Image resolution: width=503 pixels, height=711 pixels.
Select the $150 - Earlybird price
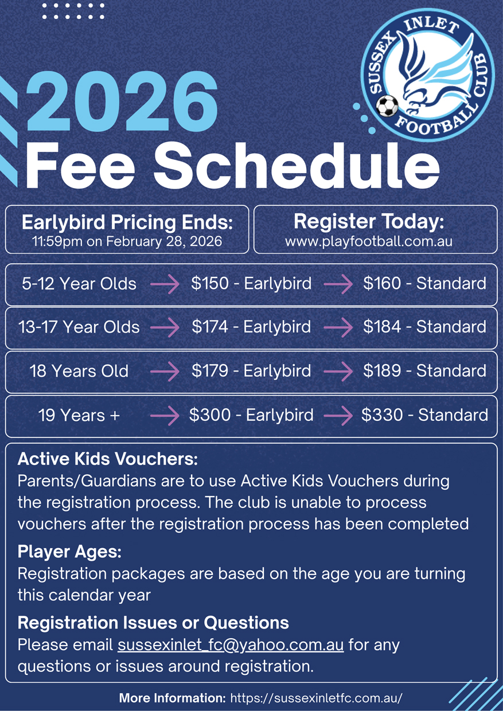251,283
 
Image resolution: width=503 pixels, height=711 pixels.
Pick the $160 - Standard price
424,283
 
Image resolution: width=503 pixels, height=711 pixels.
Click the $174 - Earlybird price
251,327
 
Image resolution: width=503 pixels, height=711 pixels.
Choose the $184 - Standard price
424,327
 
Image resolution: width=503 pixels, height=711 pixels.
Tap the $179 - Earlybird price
251,370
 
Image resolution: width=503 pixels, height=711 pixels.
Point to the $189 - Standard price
424,370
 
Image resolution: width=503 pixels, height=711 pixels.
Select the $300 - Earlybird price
251,415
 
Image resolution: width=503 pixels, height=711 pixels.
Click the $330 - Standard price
424,415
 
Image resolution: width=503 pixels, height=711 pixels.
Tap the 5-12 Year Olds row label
79,283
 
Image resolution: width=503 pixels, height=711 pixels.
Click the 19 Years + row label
79,415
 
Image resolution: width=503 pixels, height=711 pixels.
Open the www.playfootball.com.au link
369,241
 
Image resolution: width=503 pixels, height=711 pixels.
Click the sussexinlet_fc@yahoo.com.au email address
231,644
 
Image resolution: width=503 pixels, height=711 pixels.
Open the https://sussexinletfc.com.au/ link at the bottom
317,698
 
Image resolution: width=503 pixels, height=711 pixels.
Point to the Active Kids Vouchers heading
108,459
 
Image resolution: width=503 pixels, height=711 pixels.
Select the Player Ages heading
69,552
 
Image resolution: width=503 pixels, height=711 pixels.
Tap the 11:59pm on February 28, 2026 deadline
127,241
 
